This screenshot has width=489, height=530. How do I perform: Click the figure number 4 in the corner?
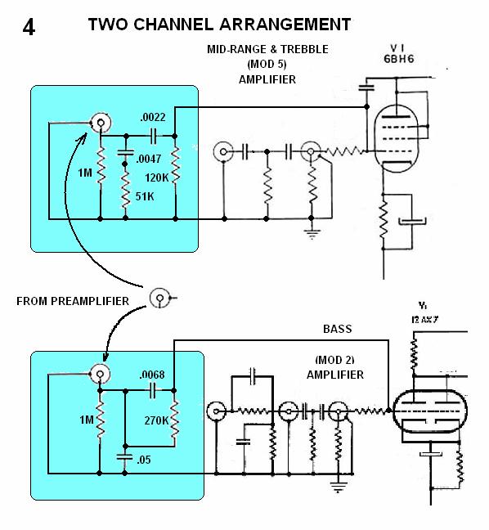[29, 27]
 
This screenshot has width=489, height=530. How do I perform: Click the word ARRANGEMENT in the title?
[285, 25]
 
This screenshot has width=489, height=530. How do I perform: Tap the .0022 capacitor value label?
[153, 117]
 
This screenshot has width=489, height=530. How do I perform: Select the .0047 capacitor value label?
[148, 159]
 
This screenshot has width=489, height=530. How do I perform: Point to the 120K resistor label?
[156, 177]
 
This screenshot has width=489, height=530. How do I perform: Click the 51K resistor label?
[145, 196]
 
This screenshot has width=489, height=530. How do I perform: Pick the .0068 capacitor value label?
[152, 375]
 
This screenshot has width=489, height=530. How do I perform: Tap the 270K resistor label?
[156, 420]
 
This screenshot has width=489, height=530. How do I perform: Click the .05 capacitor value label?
[144, 460]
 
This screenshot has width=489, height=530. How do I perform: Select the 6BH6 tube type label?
[399, 59]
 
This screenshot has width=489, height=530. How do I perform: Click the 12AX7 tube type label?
[424, 320]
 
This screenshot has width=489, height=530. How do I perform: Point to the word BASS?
[337, 329]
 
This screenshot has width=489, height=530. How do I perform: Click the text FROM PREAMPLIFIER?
[73, 301]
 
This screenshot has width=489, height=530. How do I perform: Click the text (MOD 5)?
[267, 65]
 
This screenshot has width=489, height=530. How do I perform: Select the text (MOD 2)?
[334, 360]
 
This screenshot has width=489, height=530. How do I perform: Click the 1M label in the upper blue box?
[85, 173]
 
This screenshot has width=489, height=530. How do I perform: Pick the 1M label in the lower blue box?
[87, 420]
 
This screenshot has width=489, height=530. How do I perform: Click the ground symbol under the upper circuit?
[312, 232]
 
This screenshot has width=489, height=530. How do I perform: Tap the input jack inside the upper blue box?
[101, 123]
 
